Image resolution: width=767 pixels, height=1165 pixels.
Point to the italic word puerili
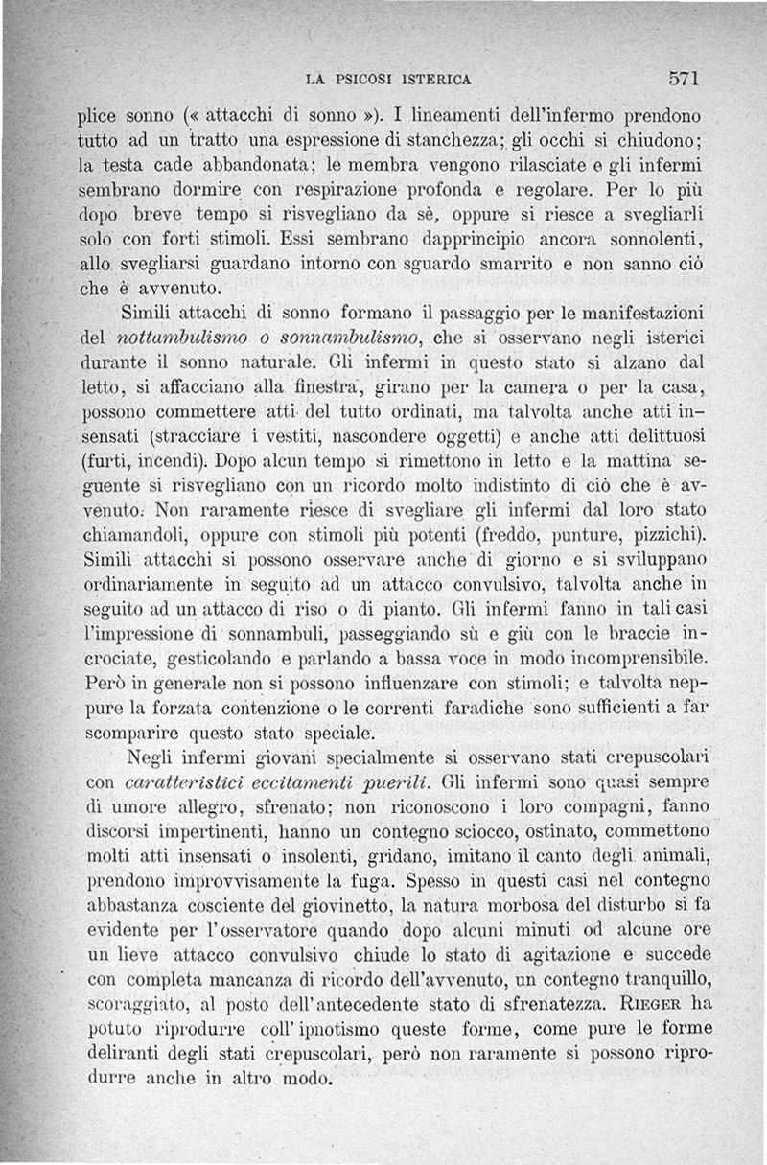click(389, 778)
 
